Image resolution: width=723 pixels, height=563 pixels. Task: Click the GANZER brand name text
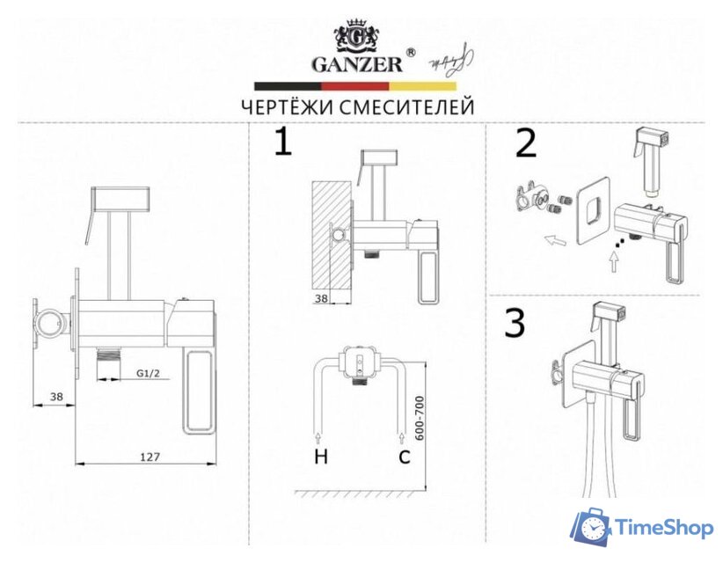pyautogui.click(x=357, y=63)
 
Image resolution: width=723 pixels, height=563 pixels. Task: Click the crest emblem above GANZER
pyautogui.click(x=357, y=35)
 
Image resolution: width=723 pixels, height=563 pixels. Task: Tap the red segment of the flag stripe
pyautogui.click(x=355, y=86)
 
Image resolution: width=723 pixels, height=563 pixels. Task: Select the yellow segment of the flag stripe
pyautogui.click(x=423, y=86)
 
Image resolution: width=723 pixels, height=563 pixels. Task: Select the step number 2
pyautogui.click(x=525, y=143)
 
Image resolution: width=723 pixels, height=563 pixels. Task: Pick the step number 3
pyautogui.click(x=515, y=324)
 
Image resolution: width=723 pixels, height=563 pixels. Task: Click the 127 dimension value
pyautogui.click(x=149, y=456)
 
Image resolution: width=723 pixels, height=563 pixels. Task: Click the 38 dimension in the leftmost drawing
pyautogui.click(x=55, y=397)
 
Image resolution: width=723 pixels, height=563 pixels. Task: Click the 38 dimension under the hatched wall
pyautogui.click(x=322, y=298)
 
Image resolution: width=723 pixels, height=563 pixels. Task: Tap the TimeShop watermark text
pyautogui.click(x=663, y=527)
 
